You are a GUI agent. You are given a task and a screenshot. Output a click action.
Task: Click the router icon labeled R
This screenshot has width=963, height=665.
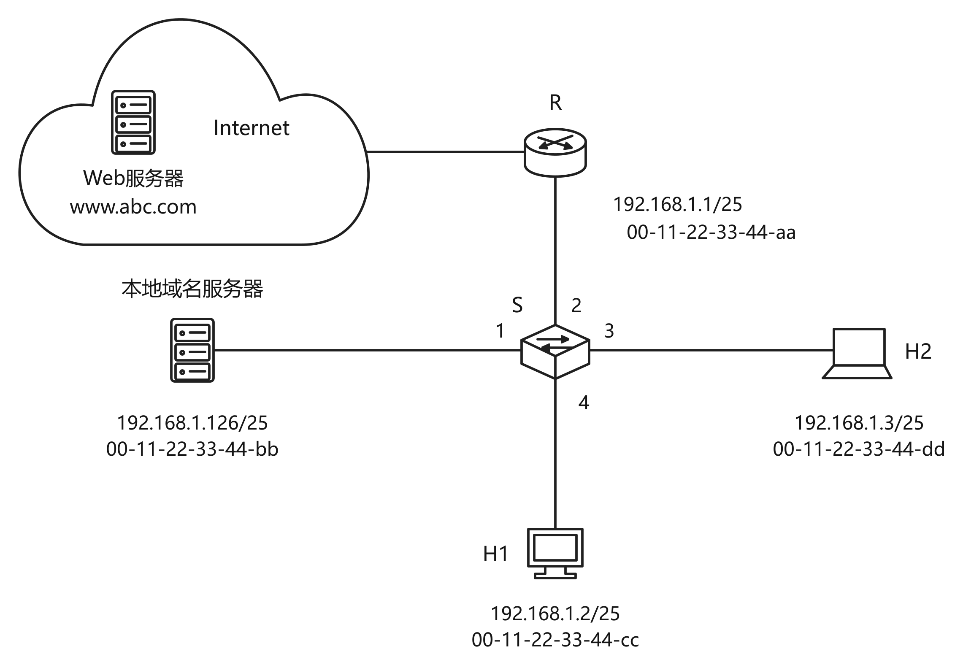[x=555, y=153]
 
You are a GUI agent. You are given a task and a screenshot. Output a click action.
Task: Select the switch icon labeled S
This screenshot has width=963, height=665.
[x=555, y=351]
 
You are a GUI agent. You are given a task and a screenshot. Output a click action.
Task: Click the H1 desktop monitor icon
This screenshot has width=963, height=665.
[x=555, y=553]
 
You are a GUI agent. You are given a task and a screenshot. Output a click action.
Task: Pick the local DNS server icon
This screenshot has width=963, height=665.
[x=192, y=350]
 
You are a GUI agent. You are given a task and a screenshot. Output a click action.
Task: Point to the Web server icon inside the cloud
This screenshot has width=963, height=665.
[x=133, y=122]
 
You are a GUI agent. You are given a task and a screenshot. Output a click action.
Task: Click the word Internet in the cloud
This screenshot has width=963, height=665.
[x=252, y=127]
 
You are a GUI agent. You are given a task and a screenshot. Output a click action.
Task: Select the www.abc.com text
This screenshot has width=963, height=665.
[x=133, y=207]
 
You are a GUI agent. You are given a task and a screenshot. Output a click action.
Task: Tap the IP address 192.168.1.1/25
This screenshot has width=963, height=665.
[x=677, y=204]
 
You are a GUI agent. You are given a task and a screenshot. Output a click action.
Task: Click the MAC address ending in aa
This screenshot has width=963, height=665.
[x=711, y=232]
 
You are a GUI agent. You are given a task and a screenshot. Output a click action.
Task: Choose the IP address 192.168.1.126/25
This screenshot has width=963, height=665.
[x=192, y=423]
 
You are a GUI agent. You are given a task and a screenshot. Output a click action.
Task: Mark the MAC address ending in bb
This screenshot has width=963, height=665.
[x=192, y=449]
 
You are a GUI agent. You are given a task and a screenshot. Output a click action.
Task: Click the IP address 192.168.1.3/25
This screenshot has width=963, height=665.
[x=859, y=423]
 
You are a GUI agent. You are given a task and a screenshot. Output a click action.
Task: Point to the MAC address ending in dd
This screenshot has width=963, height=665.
[x=859, y=449]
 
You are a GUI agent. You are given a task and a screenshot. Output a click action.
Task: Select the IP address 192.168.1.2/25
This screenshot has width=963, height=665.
[x=555, y=614]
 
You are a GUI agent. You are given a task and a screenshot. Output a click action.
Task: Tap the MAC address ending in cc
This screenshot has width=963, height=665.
[x=555, y=640]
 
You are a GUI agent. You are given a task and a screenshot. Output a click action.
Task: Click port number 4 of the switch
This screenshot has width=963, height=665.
[x=584, y=403]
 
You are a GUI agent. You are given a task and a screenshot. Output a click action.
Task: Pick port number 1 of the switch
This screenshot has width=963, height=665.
[x=500, y=331]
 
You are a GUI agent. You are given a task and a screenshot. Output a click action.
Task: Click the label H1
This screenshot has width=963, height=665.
[x=496, y=554]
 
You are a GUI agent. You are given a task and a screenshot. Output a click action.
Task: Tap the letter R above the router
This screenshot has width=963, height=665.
[x=555, y=103]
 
